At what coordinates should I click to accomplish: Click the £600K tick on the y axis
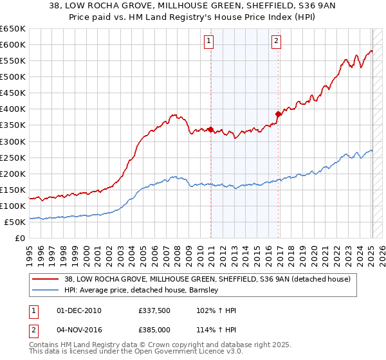coord(13,44)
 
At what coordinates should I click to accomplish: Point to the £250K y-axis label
coord(13,157)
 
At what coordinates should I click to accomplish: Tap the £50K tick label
coord(15,222)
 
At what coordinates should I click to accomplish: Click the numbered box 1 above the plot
coord(210,42)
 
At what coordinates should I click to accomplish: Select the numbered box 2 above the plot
coord(276,42)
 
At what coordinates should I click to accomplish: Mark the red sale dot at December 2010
coord(210,129)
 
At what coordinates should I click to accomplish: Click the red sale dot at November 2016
coord(278,114)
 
